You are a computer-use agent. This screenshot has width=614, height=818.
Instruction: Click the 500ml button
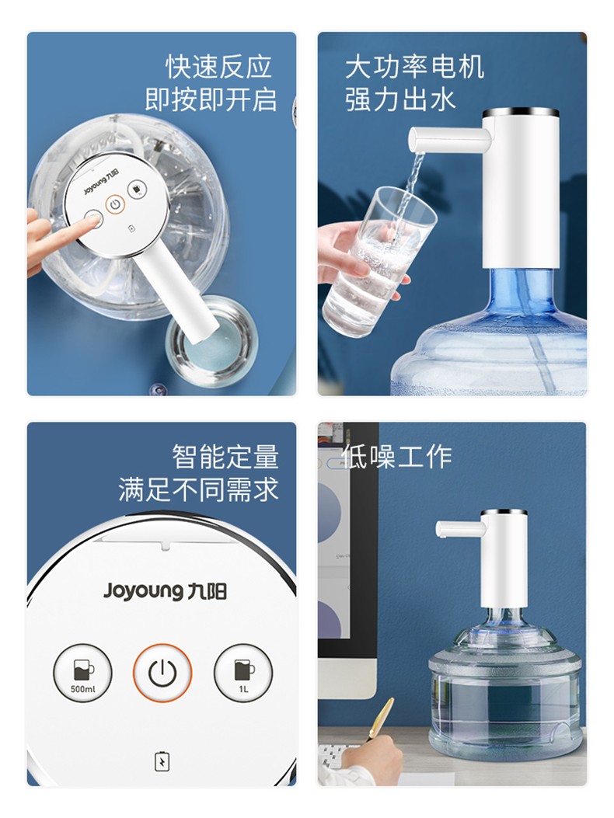[82, 673]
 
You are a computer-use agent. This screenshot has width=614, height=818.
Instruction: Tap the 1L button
[243, 673]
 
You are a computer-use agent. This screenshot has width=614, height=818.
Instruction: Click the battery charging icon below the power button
[162, 761]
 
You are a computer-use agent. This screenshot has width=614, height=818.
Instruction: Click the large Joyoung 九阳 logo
[165, 591]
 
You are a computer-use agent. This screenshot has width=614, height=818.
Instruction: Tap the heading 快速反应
[219, 66]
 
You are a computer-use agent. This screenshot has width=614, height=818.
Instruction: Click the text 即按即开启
[211, 99]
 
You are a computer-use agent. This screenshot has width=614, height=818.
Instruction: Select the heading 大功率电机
[415, 67]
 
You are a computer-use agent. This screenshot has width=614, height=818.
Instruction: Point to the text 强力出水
[400, 99]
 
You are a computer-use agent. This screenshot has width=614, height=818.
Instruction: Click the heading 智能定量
[225, 457]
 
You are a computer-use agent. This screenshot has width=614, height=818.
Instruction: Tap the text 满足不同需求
[198, 489]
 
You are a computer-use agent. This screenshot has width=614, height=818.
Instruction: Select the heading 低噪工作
[397, 457]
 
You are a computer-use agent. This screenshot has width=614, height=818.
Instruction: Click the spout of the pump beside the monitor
[460, 528]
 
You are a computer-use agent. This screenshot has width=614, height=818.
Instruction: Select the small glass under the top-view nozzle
[211, 342]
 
